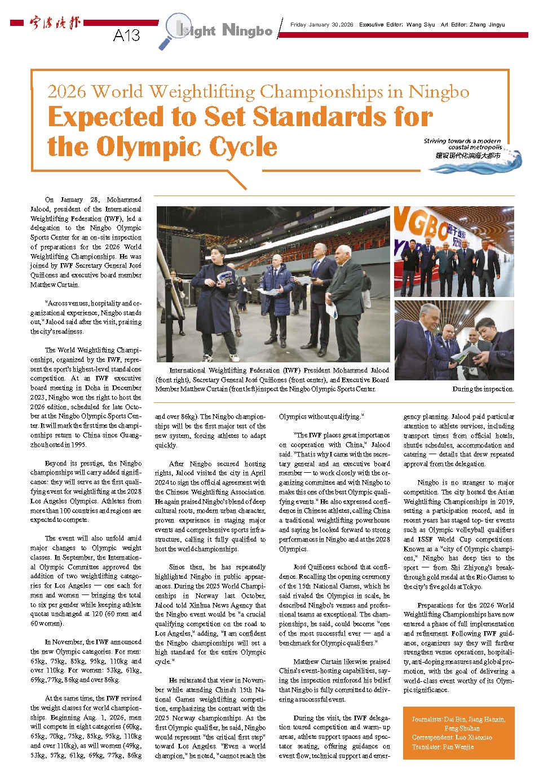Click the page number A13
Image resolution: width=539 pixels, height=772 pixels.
click(126, 36)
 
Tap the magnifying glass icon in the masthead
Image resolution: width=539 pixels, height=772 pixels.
click(174, 30)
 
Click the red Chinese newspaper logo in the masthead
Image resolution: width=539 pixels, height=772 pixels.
click(55, 23)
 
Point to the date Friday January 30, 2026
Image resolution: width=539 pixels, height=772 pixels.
click(321, 25)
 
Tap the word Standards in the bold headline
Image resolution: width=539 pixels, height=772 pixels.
click(297, 117)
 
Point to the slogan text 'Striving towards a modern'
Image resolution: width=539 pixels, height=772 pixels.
click(462, 141)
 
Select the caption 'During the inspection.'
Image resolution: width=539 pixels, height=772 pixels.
click(483, 389)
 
